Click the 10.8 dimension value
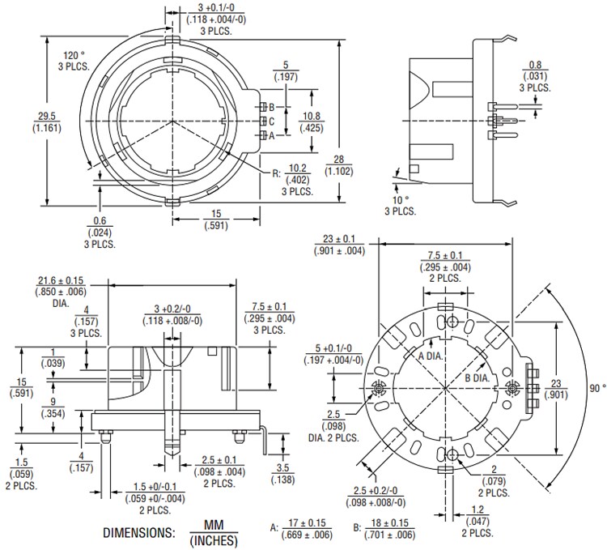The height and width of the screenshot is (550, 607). tap(312, 115)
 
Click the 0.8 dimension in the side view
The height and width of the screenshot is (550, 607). tap(536, 64)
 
